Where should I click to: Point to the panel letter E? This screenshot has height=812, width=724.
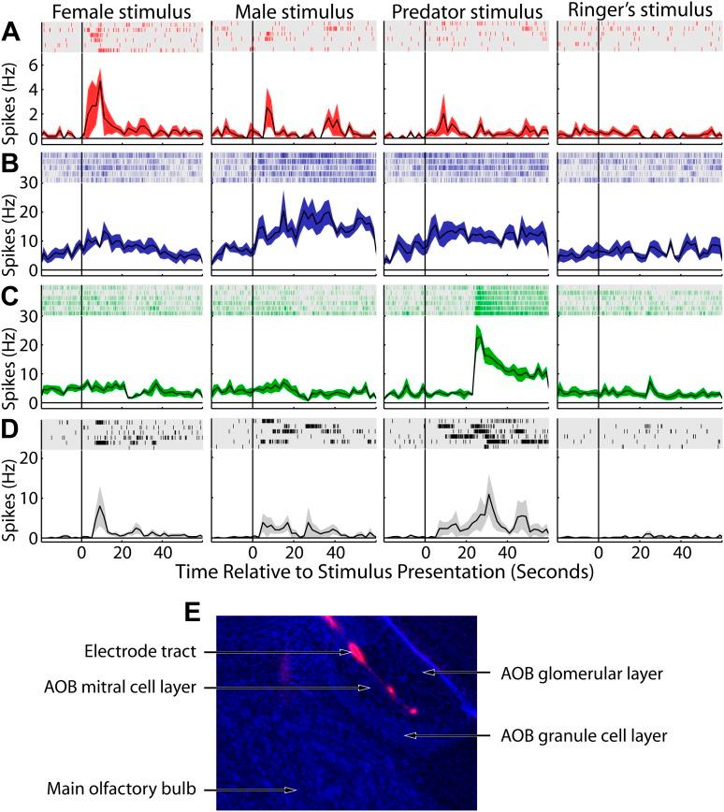tap(193, 612)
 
